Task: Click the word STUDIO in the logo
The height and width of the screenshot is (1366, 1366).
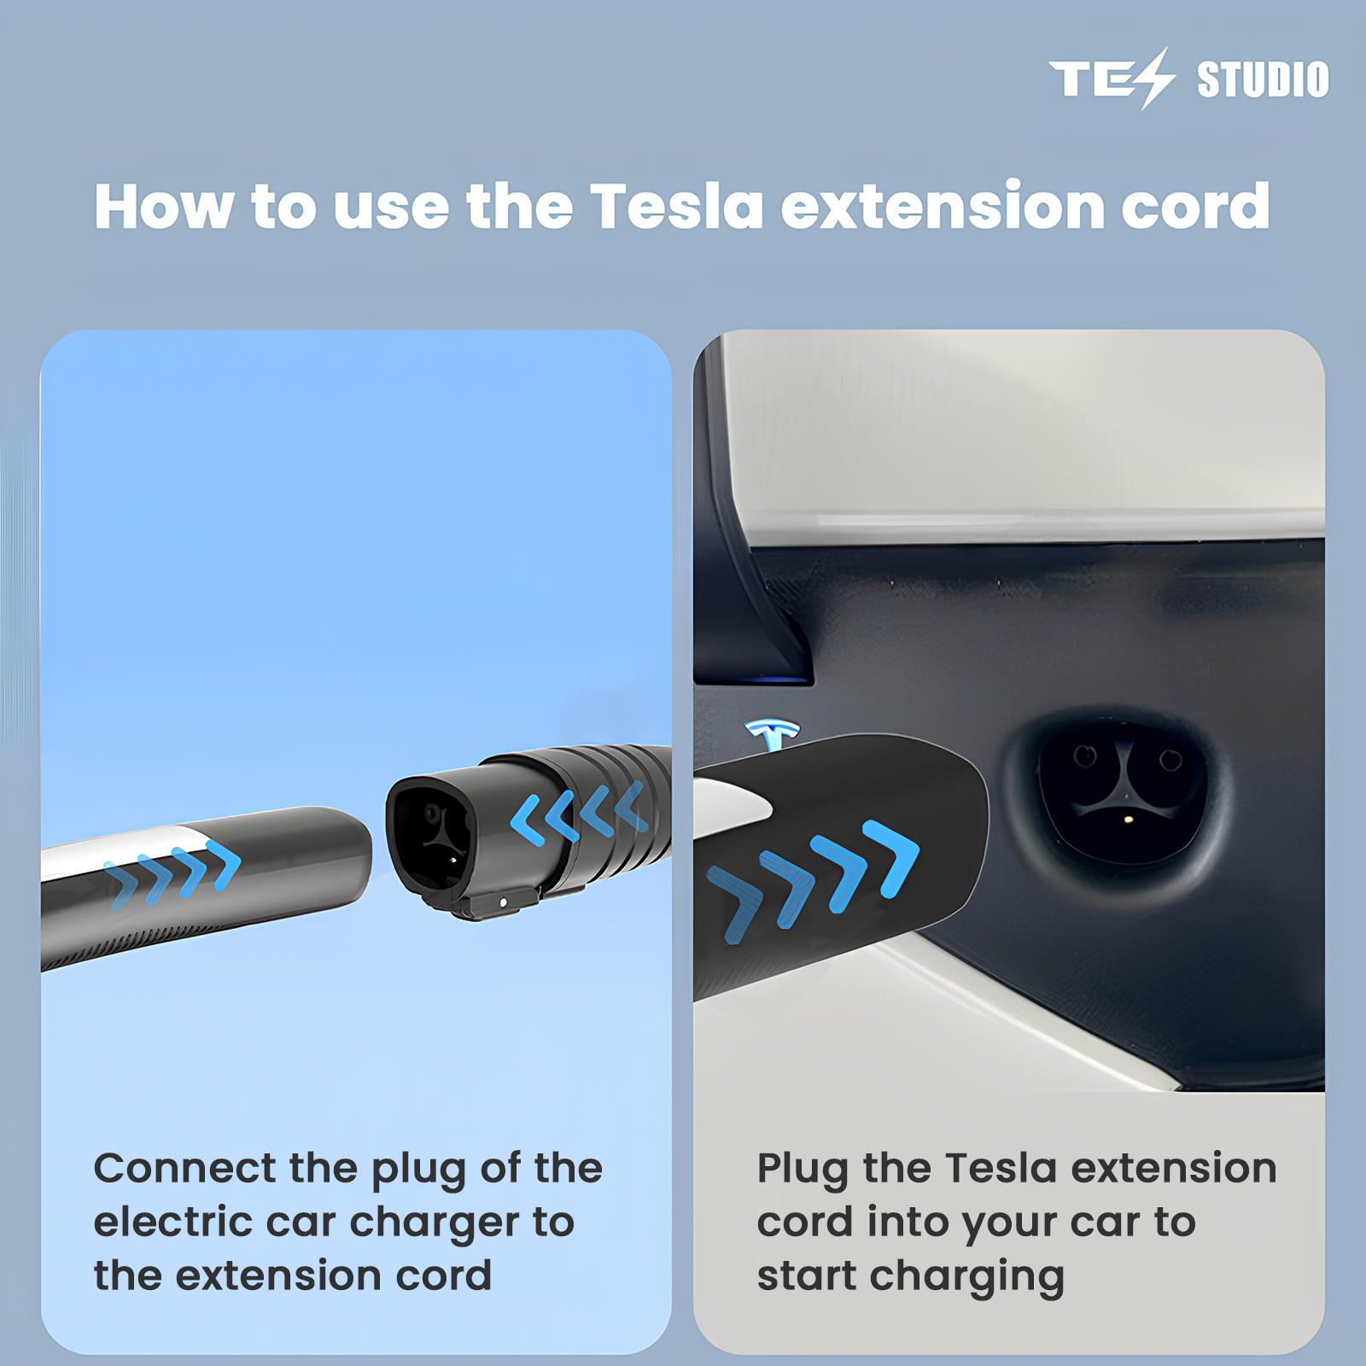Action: pyautogui.click(x=1263, y=79)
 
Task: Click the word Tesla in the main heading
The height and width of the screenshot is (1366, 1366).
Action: pyautogui.click(x=677, y=207)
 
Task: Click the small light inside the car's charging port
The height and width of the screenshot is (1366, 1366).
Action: pyautogui.click(x=1129, y=820)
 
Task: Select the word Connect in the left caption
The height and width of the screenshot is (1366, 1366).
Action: pyautogui.click(x=185, y=1168)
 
